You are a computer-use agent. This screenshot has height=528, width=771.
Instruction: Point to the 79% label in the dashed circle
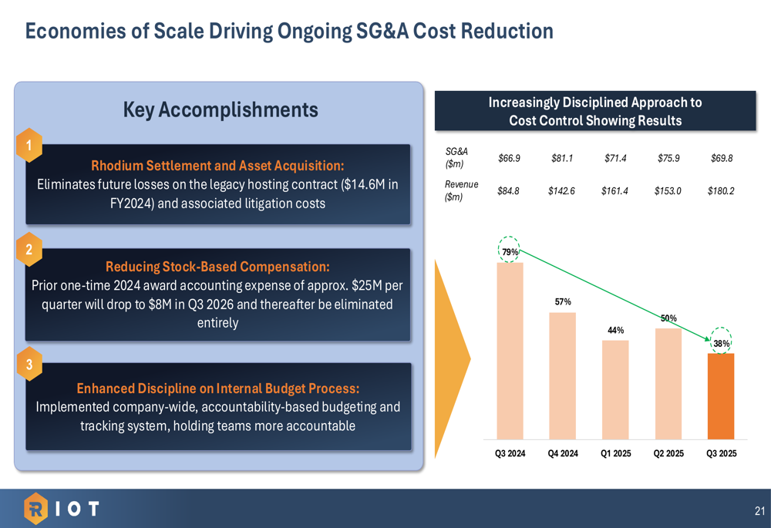click(510, 251)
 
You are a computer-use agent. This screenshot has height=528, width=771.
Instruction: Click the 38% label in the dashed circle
click(721, 343)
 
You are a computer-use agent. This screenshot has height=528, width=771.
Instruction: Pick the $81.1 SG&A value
click(562, 159)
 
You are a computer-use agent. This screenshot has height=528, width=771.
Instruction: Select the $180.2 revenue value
click(721, 190)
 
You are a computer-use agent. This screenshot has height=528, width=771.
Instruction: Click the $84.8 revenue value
click(510, 190)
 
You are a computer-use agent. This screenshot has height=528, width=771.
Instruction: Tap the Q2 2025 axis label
click(668, 453)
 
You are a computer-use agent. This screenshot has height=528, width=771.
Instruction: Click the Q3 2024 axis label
click(510, 453)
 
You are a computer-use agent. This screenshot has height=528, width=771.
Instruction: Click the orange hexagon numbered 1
click(29, 145)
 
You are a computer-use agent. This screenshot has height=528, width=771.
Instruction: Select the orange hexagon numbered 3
click(29, 365)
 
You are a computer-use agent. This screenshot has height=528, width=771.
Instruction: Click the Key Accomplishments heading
click(221, 110)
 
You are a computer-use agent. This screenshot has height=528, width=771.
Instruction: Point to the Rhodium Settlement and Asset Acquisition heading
click(217, 166)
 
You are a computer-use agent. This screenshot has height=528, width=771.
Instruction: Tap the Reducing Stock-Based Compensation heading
click(217, 267)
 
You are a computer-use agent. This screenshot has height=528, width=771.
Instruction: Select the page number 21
click(759, 510)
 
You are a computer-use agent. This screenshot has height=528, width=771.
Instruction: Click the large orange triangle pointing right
click(452, 358)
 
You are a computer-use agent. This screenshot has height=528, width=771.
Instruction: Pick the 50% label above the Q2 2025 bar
click(668, 318)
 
